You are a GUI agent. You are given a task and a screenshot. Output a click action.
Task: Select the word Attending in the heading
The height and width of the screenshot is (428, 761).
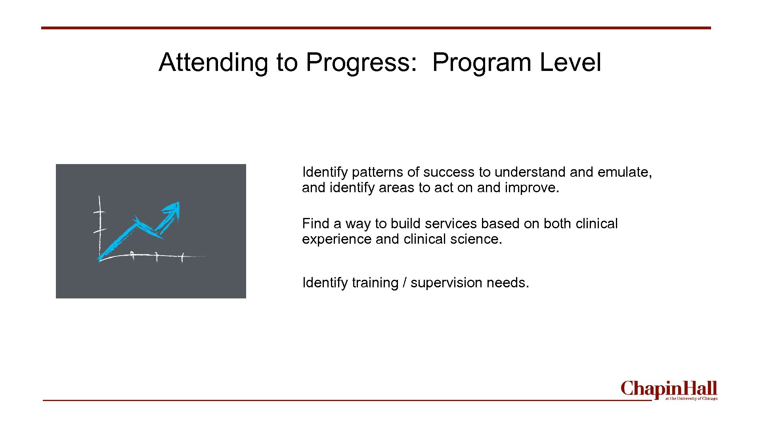(x=213, y=63)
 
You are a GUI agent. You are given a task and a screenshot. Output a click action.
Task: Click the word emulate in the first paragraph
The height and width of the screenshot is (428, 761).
(x=623, y=172)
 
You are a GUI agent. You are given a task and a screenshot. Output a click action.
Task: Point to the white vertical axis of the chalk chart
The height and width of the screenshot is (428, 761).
(x=99, y=226)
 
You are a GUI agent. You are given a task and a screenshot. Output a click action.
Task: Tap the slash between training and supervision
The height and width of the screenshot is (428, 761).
(x=404, y=283)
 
